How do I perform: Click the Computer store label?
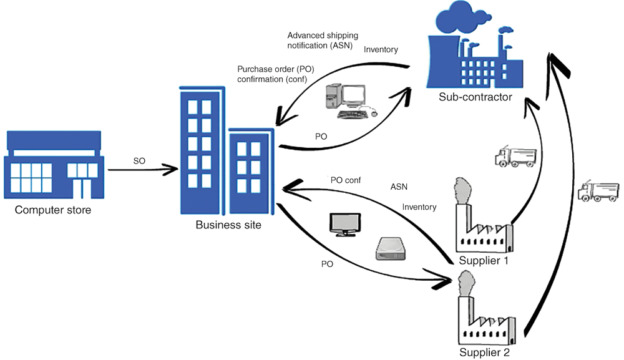point(53,210)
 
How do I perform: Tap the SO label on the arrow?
point(140,162)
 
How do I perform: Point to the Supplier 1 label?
point(484,260)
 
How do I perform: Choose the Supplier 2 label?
point(485,353)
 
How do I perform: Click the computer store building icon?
point(52,163)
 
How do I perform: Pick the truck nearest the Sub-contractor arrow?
point(515,157)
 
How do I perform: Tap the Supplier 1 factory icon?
point(483,219)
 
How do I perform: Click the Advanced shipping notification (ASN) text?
point(322,41)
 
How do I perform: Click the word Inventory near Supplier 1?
point(419,207)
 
